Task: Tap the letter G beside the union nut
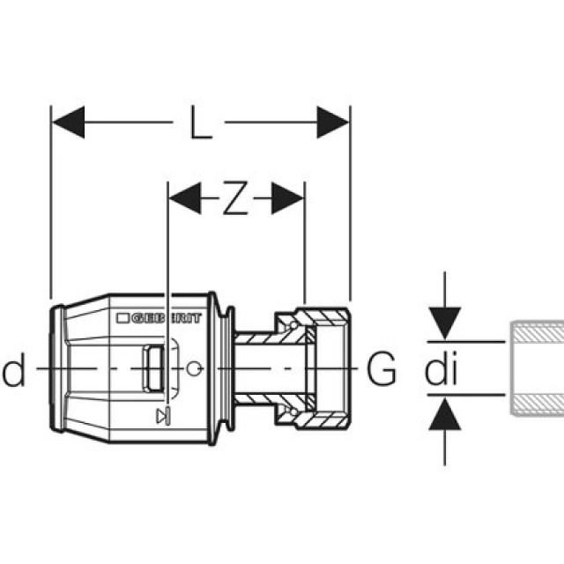tap(381, 370)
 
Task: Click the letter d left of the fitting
tap(13, 372)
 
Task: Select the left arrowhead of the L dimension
tap(68, 122)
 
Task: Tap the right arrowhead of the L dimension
tap(334, 122)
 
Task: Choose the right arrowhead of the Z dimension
tap(288, 199)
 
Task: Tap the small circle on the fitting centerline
tap(195, 367)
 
